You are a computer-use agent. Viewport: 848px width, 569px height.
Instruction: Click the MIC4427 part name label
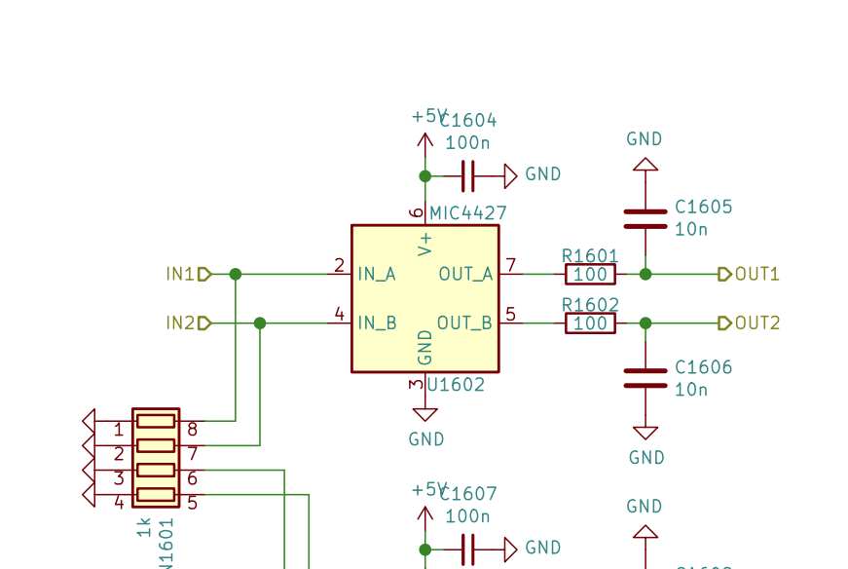tap(468, 213)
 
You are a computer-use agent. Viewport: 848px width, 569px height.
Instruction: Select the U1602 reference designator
tap(455, 385)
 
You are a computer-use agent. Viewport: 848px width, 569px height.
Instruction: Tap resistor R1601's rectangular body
tap(590, 275)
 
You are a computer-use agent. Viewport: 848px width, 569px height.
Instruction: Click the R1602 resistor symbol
tap(590, 323)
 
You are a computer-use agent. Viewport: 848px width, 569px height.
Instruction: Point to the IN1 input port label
tap(180, 275)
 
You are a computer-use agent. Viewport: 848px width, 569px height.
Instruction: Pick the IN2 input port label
tap(180, 323)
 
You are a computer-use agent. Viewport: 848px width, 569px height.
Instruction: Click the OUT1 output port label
tap(756, 275)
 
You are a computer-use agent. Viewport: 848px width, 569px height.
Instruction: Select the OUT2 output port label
tap(756, 323)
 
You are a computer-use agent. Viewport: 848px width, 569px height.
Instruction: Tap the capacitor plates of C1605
tap(645, 218)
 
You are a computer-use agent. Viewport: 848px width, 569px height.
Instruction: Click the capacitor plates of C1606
tap(645, 378)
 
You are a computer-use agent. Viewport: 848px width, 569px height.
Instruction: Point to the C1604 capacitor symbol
tap(467, 176)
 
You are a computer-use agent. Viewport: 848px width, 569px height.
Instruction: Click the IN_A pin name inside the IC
tap(377, 275)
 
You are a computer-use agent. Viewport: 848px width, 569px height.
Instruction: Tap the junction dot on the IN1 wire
tap(236, 275)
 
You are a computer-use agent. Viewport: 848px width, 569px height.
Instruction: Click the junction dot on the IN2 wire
tap(260, 323)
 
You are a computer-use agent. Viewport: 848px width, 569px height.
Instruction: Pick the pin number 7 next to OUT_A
tap(510, 266)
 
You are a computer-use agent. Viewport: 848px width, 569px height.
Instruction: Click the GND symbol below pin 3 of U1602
tap(425, 414)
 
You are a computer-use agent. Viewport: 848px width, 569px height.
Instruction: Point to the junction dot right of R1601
tap(645, 275)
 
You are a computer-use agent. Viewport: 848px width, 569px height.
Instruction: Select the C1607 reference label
tap(468, 494)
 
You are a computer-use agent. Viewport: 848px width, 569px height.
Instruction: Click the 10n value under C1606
tap(691, 390)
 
